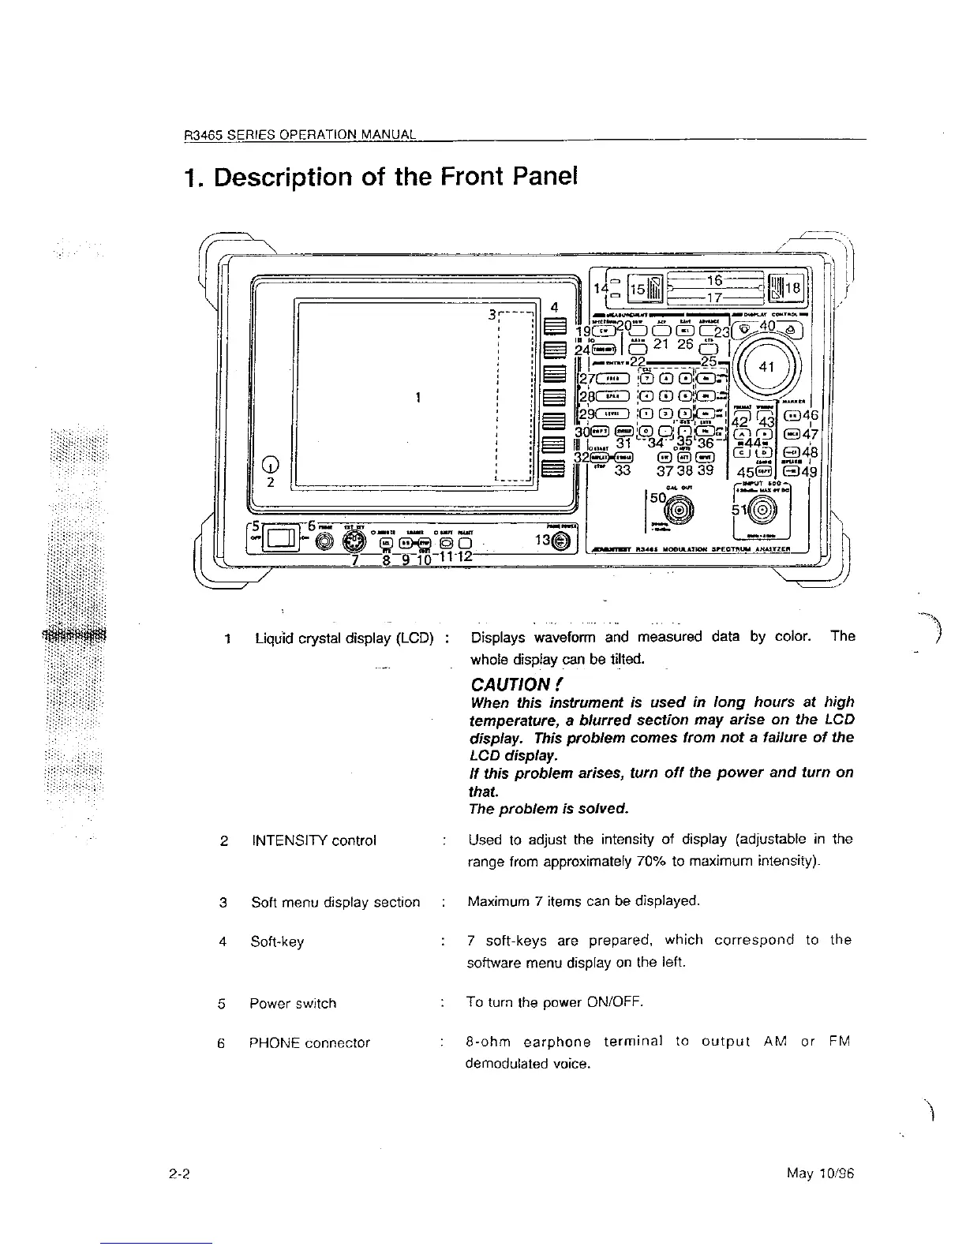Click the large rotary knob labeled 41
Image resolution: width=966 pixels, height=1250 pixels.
pos(765,367)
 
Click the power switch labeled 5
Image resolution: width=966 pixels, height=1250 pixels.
pos(280,539)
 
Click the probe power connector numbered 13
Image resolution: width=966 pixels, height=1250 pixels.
pos(560,541)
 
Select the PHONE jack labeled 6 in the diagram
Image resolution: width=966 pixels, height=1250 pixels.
pos(321,541)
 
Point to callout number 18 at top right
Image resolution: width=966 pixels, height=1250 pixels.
pos(792,289)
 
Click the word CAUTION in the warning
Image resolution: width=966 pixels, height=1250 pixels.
pos(510,683)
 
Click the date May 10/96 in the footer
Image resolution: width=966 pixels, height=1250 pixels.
pos(821,1173)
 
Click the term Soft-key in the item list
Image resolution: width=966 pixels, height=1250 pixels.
pos(277,941)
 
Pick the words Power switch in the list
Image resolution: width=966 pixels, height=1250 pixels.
pos(293,1004)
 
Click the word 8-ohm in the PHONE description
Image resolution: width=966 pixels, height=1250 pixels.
pos(490,1042)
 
